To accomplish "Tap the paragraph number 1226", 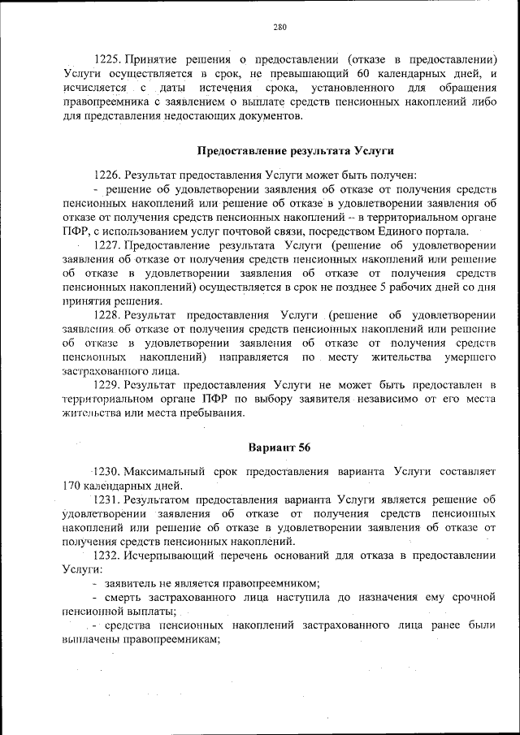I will (x=108, y=175).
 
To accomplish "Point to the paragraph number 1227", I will (x=108, y=244).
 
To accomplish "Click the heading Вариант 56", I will (x=279, y=447).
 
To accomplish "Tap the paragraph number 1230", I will (x=108, y=471).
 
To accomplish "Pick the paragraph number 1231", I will (x=108, y=499).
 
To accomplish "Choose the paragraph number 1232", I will (x=108, y=556).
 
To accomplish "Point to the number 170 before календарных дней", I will (x=72, y=486).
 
